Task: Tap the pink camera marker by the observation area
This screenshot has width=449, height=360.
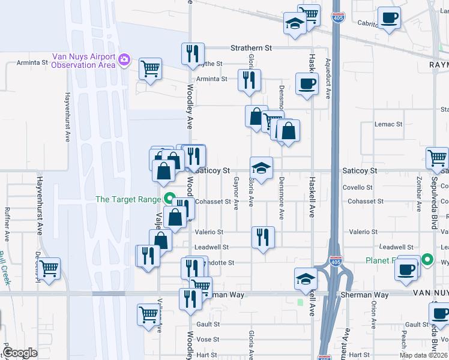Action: coord(124,59)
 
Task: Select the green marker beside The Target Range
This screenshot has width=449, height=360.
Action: coord(169,199)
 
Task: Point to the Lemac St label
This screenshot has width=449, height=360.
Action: coord(388,124)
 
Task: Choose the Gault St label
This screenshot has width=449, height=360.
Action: coord(207,324)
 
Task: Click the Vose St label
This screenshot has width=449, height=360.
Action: coord(207,340)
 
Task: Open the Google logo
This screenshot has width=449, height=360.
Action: coord(20,353)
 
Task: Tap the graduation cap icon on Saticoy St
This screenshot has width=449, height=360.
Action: coord(261,167)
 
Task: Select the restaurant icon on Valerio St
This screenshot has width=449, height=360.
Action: coord(263,237)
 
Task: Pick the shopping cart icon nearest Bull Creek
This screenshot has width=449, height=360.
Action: coord(49,268)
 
